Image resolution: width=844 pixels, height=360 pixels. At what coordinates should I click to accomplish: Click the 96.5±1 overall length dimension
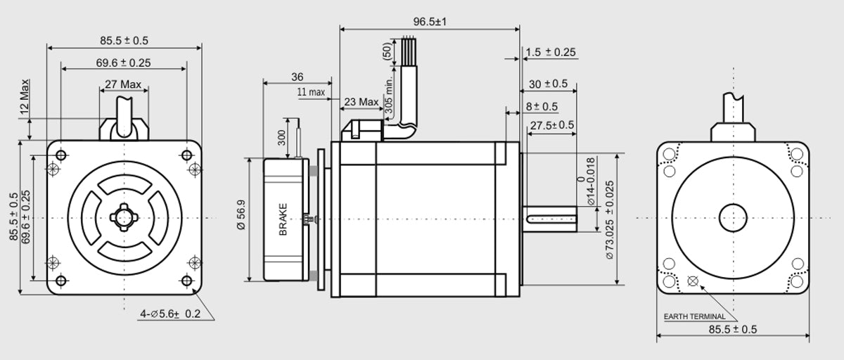(430, 22)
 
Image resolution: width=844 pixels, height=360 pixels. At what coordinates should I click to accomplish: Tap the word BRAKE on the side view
(283, 219)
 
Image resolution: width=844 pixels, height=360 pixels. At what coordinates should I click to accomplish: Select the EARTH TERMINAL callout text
(694, 316)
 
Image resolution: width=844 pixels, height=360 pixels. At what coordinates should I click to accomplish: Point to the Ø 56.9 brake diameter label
(241, 214)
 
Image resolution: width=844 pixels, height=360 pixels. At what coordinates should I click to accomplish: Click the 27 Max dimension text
(123, 84)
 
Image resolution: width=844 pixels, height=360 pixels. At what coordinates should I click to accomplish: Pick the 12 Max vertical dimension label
(25, 97)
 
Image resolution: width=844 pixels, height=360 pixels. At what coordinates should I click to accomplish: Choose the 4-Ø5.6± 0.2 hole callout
(170, 314)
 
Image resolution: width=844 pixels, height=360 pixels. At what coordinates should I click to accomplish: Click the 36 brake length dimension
(298, 77)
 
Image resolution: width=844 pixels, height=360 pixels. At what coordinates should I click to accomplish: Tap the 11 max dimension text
(311, 91)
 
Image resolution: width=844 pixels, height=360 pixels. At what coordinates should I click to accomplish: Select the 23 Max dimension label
(362, 102)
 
